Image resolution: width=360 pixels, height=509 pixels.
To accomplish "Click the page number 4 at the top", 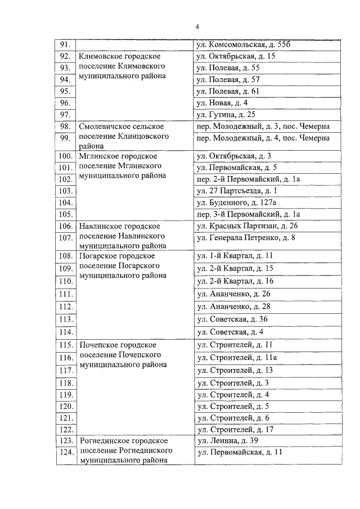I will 197,26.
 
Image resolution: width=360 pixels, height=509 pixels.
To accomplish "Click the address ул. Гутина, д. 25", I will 225,115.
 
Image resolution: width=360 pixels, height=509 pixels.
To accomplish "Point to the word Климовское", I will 102,56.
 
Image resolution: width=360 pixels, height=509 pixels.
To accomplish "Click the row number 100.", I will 65,156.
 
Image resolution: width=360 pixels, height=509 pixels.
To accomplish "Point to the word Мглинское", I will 100,156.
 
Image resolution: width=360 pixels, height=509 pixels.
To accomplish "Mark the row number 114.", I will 66,331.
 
